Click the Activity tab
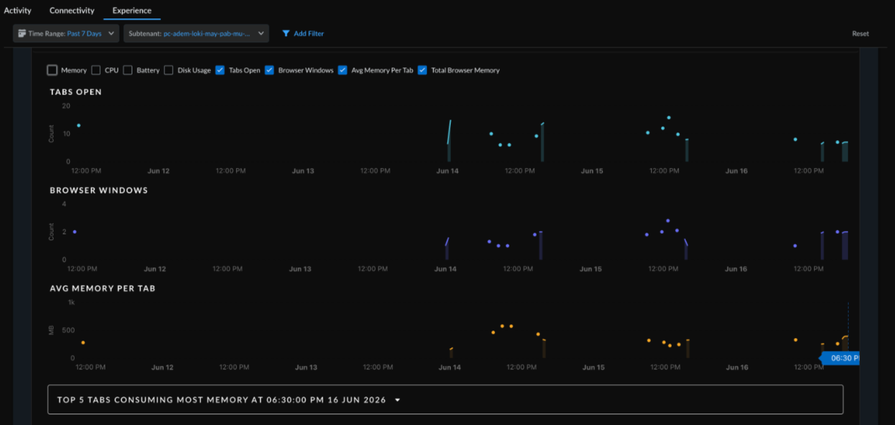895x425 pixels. click(x=18, y=10)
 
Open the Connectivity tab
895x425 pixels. click(x=72, y=10)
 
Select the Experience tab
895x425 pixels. click(x=132, y=10)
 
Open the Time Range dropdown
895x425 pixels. click(x=66, y=33)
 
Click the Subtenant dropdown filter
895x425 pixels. click(x=196, y=33)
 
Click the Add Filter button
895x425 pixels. click(x=303, y=33)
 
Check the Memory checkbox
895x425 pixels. click(x=52, y=70)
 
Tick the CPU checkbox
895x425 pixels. click(x=96, y=70)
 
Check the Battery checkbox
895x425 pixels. click(x=128, y=70)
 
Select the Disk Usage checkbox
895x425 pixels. click(x=168, y=70)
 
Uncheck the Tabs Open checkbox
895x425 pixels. click(x=220, y=70)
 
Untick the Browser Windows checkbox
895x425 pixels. click(x=270, y=70)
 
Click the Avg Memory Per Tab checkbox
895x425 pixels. click(x=342, y=70)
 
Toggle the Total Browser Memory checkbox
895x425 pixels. click(x=422, y=70)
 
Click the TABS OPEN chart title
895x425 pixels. click(x=76, y=92)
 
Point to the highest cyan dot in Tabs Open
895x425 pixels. click(x=669, y=118)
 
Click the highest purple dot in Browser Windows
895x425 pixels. click(x=668, y=220)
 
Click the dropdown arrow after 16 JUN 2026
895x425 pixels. click(x=397, y=400)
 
